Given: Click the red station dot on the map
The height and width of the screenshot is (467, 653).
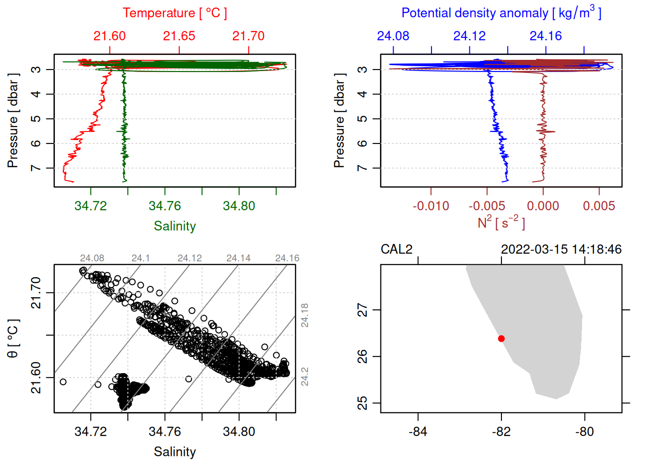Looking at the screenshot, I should tap(501, 339).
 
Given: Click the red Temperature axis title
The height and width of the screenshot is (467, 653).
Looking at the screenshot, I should tap(174, 13).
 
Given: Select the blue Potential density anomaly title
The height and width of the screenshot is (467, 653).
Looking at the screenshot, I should tap(501, 13).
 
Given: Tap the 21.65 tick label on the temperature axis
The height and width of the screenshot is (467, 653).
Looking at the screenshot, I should tap(179, 36).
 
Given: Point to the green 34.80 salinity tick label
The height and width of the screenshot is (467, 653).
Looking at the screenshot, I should tap(239, 206).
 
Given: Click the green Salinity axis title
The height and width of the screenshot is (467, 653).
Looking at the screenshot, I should tap(174, 226).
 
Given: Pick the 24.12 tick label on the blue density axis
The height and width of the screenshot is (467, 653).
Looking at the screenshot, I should tap(469, 36).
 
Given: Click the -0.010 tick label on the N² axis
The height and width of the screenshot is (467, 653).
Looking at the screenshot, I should tap(430, 206).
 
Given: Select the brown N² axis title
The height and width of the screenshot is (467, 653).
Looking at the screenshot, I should tap(501, 223).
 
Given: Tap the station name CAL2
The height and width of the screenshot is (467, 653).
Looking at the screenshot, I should tap(396, 250).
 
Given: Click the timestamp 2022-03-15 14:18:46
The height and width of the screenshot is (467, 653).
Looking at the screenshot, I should tap(561, 250).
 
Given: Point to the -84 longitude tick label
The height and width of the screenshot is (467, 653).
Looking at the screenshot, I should tap(418, 431).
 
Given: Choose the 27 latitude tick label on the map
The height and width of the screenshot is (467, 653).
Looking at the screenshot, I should tap(362, 310).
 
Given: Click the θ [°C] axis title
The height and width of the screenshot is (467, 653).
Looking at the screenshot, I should tap(13, 339).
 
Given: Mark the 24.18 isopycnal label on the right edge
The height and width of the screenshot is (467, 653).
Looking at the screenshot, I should tap(305, 315).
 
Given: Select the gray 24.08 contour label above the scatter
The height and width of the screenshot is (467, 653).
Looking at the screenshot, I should tap(92, 258).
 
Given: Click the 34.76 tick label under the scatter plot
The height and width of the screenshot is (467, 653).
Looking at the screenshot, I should tap(165, 431).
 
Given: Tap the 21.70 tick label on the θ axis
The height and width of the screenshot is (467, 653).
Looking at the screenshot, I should tap(36, 293).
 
